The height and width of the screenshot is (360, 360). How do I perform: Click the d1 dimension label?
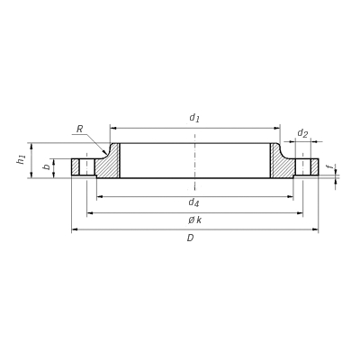point(194,118)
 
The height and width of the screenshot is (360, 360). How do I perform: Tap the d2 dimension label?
point(302,133)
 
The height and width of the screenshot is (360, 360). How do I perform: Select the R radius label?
point(79,129)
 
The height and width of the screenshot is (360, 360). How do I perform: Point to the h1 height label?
point(21,159)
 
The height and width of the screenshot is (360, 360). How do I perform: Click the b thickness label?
point(47,166)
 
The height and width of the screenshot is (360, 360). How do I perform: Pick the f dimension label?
point(331,166)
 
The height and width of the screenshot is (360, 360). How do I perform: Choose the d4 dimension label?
point(193,203)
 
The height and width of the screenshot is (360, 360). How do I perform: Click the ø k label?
point(195,220)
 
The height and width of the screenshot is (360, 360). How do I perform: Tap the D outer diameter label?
point(190,238)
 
